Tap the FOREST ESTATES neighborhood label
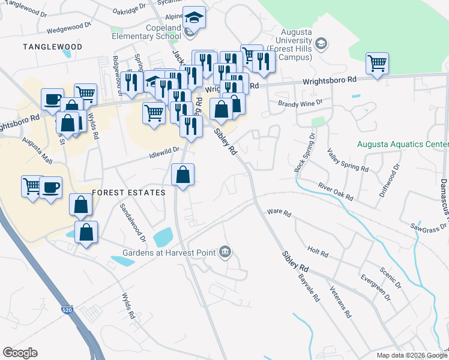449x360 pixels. [128, 193]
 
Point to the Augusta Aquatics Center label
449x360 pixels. [402, 145]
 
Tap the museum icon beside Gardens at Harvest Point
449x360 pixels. [225, 251]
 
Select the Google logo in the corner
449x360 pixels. [20, 353]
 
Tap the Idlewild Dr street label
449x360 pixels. [164, 152]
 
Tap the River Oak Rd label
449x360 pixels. [336, 192]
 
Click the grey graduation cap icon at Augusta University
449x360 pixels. [322, 43]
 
